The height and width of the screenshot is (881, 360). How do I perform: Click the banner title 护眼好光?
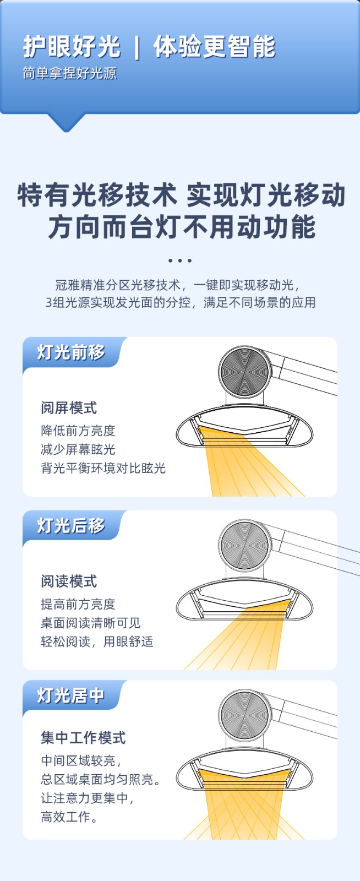(72, 46)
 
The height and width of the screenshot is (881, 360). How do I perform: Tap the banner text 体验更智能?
(215, 46)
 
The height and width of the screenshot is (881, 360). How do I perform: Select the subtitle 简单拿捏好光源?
(69, 73)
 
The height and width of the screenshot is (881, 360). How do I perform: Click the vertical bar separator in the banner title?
(137, 47)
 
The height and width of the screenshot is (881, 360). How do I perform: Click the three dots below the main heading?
(179, 260)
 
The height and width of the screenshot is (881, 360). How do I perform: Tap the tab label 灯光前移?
(71, 352)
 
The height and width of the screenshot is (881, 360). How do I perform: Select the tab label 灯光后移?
(71, 525)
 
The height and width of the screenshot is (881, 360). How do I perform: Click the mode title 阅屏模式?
(69, 408)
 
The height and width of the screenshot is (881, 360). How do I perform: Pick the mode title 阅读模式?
(69, 581)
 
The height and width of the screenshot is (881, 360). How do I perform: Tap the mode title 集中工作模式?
(83, 737)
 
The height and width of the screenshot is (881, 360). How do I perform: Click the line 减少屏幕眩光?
(78, 449)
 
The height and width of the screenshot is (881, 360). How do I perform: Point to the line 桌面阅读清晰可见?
(90, 623)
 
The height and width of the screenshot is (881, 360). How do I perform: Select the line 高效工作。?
(69, 817)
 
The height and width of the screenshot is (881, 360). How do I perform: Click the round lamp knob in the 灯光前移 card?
(245, 372)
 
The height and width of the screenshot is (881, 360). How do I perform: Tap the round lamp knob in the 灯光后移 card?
(245, 545)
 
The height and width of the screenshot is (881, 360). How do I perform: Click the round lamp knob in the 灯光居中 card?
(245, 715)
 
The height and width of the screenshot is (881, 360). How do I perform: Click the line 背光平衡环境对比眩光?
(103, 468)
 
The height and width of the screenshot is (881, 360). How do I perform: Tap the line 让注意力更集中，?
(88, 798)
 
